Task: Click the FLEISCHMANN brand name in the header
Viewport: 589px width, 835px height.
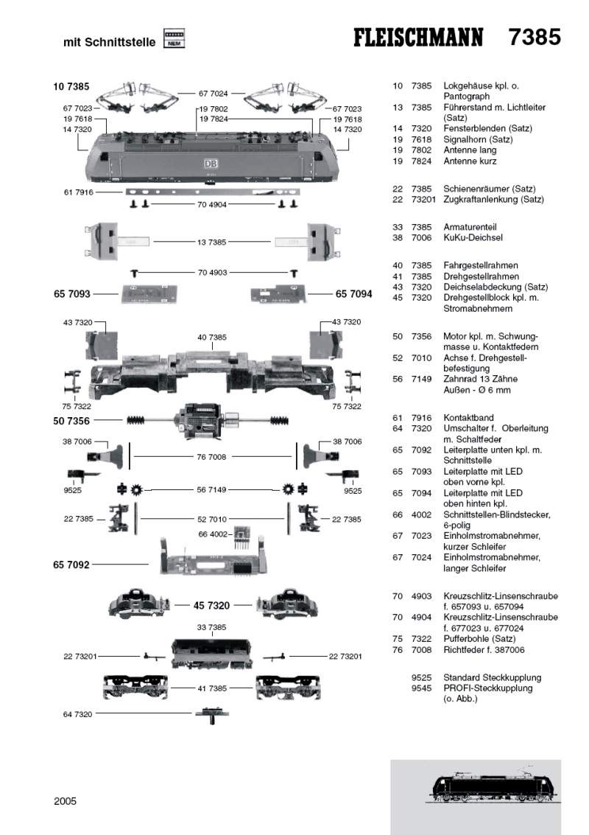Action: [418, 38]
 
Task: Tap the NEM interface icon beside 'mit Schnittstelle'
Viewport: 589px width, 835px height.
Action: [174, 39]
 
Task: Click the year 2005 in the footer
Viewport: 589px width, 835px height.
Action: [65, 800]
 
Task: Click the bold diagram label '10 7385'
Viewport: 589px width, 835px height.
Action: [71, 87]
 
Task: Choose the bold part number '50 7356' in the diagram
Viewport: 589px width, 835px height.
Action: [71, 421]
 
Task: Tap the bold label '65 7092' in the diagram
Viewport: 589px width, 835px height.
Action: [71, 565]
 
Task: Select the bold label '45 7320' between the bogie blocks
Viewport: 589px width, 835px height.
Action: [211, 605]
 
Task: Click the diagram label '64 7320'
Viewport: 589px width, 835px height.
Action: [77, 713]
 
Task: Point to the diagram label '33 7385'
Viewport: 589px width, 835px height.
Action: [211, 627]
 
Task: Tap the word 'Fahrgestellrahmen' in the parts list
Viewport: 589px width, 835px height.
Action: [480, 265]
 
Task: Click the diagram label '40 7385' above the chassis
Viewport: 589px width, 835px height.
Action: [211, 337]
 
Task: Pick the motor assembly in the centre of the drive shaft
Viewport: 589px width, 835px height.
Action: [199, 420]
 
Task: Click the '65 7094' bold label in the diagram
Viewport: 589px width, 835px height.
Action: [354, 294]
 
